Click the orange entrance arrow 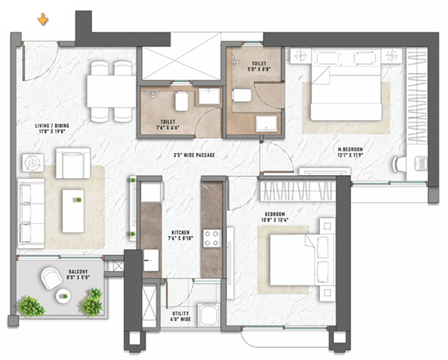43,18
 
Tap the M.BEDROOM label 355,149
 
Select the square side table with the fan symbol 33,163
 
